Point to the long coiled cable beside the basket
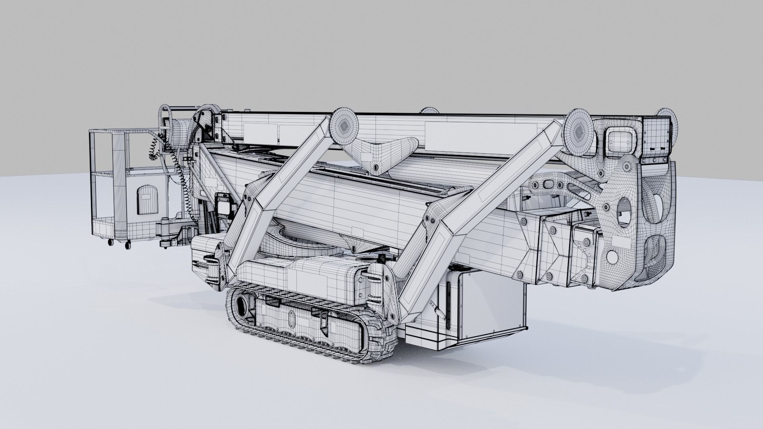point(181,175)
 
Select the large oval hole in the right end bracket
point(623,211)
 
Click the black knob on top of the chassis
point(381,260)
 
